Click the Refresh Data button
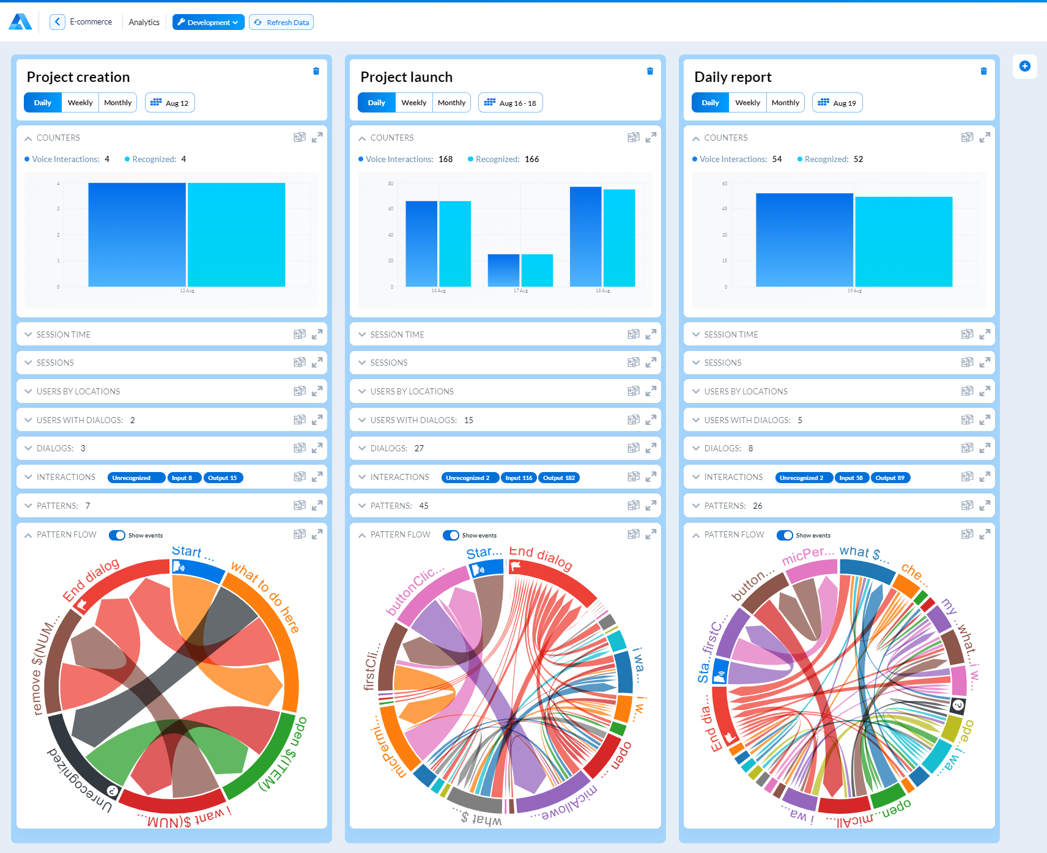(x=281, y=23)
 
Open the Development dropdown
(x=208, y=23)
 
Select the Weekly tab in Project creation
(x=80, y=103)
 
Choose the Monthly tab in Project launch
(x=451, y=103)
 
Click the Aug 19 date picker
(x=837, y=103)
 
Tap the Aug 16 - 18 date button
(x=510, y=103)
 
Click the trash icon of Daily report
(x=983, y=71)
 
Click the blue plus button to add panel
(x=1025, y=66)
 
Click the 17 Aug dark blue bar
(x=503, y=270)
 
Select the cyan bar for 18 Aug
(x=619, y=238)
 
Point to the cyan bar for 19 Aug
(x=903, y=242)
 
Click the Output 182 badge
(x=559, y=478)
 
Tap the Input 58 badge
(x=851, y=478)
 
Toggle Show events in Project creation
(x=117, y=535)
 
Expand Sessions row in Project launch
(x=389, y=363)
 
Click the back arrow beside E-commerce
(x=57, y=22)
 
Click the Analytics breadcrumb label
(x=144, y=23)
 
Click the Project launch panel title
(x=406, y=77)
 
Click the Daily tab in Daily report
(x=710, y=103)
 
